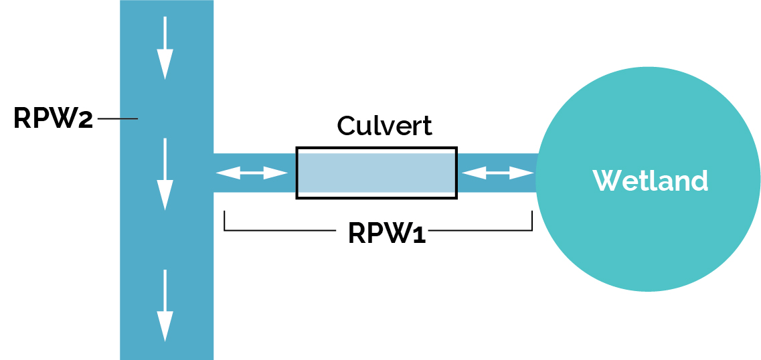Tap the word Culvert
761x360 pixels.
tap(384, 126)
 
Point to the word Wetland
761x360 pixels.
tap(650, 180)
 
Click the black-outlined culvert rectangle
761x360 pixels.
tap(376, 173)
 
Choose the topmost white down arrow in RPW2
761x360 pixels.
tap(165, 48)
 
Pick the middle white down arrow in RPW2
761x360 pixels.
tap(165, 174)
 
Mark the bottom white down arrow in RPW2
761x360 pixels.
tap(165, 305)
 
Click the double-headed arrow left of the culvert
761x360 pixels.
tap(252, 173)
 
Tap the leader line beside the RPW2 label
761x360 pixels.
tap(118, 119)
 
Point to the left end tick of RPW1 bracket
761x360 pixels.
tap(224, 221)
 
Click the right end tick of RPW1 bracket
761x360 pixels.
tap(532, 221)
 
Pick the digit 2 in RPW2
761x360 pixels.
tap(86, 120)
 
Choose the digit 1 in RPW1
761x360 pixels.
tap(419, 234)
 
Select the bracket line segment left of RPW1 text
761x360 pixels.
tap(281, 231)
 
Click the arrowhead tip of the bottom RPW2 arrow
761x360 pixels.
tap(165, 339)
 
